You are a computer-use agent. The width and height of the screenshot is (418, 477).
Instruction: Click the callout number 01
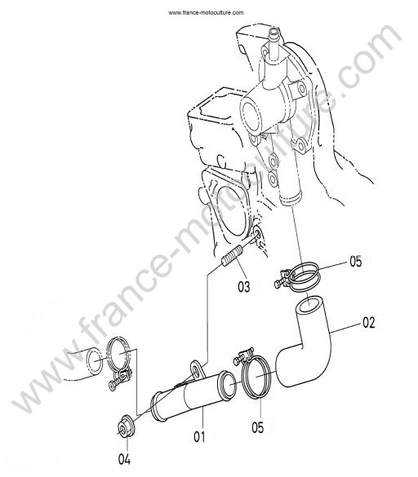[x=199, y=437]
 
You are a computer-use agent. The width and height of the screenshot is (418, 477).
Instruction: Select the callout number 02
[x=368, y=323]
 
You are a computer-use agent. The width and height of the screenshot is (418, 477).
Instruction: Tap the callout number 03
[x=243, y=286]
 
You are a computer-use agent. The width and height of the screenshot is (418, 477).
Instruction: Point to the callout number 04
[x=124, y=459]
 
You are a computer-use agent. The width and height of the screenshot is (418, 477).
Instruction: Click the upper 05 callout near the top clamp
[x=355, y=262]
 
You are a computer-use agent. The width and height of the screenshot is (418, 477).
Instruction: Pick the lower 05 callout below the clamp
[x=257, y=427]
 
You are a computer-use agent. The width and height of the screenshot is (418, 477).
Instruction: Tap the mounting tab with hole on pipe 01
[x=197, y=369]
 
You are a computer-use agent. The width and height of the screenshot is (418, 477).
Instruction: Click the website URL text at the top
[x=206, y=12]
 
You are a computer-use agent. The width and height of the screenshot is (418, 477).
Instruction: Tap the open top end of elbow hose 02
[x=309, y=305]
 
